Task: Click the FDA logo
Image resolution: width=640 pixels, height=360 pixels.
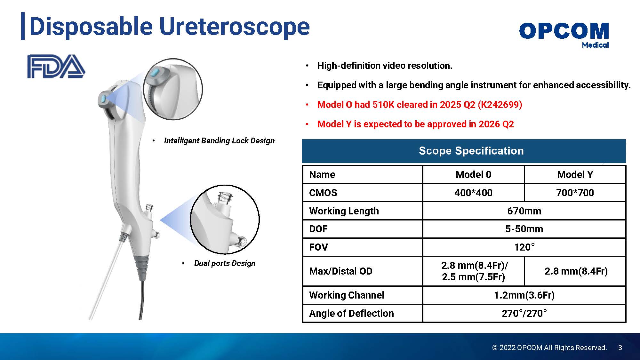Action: click(56, 66)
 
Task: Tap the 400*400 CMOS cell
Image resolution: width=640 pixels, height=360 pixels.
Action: click(473, 193)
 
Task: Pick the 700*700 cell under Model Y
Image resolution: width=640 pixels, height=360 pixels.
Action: click(575, 193)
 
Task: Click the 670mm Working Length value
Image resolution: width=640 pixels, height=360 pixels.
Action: click(524, 211)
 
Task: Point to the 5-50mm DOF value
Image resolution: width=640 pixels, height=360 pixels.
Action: click(524, 229)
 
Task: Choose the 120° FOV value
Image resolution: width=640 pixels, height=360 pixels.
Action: click(524, 247)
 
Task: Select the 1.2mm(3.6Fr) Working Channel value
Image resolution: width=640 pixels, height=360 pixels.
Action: click(524, 295)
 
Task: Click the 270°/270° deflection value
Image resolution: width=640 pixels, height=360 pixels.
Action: click(524, 313)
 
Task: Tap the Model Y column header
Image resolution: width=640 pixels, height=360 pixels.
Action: click(575, 174)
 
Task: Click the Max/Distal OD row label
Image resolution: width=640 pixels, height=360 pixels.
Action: click(341, 271)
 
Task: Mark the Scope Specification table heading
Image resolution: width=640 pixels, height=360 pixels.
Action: click(471, 151)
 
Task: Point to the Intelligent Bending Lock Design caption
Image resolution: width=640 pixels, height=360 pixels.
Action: click(219, 141)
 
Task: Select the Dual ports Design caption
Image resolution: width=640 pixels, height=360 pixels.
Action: click(225, 263)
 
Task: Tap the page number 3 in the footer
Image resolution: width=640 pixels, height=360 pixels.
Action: click(620, 348)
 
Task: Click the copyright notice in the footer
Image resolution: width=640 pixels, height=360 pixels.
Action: click(549, 348)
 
